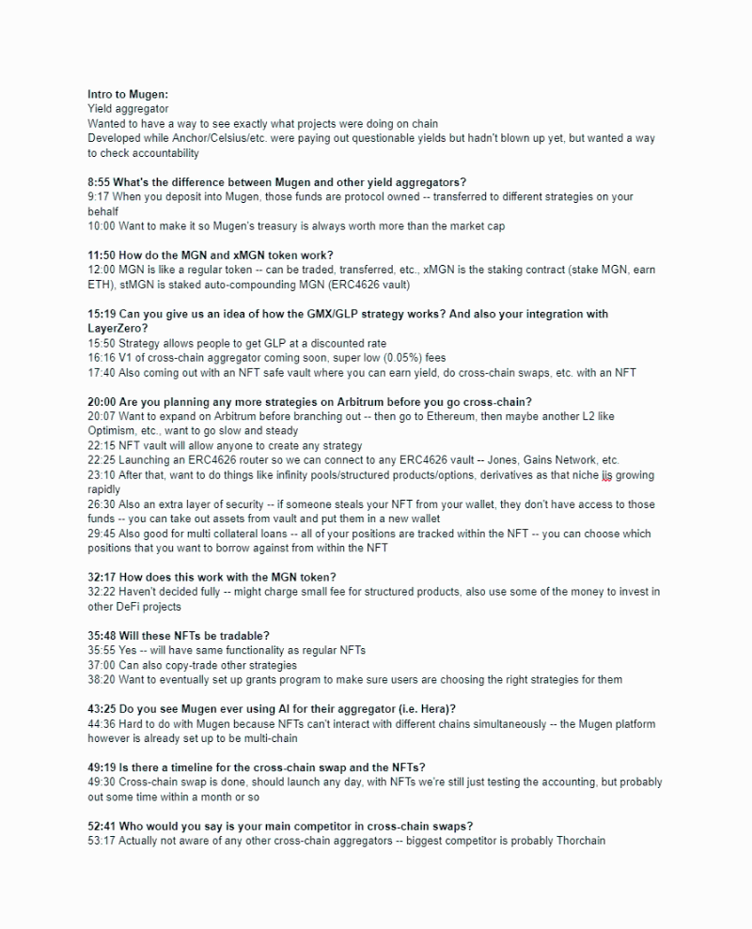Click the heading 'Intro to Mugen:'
tap(128, 95)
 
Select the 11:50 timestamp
tap(102, 255)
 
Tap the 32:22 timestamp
tap(102, 577)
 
